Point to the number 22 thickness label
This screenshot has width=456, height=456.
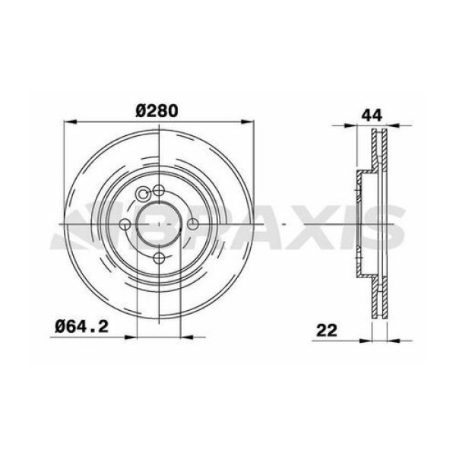(328, 331)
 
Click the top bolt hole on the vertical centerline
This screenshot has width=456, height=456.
(158, 190)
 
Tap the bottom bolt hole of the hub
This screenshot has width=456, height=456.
(158, 258)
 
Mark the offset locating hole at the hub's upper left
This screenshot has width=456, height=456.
(143, 193)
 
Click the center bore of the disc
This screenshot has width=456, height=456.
(158, 223)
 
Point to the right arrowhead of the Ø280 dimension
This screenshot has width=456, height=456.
(246, 122)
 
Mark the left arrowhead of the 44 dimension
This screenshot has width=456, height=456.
(359, 128)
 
